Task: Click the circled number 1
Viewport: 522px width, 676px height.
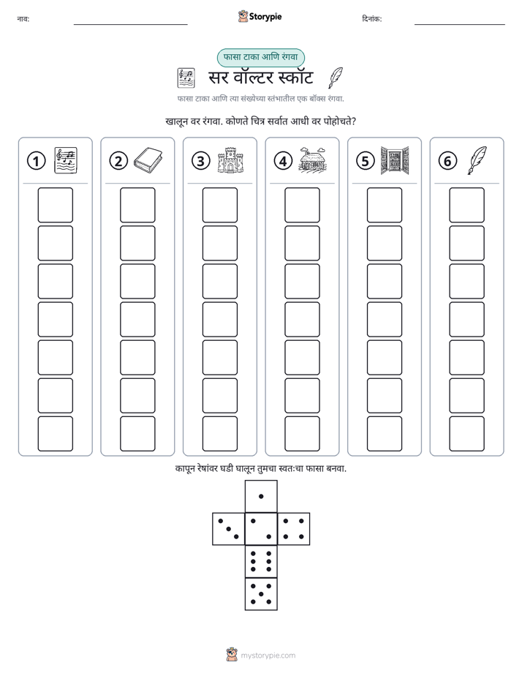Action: [36, 161]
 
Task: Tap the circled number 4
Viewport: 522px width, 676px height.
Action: [283, 161]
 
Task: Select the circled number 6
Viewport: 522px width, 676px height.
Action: [447, 161]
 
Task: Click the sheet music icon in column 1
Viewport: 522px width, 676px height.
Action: [66, 160]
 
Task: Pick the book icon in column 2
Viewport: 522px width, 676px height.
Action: [148, 160]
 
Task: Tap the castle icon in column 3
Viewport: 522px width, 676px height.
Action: [230, 160]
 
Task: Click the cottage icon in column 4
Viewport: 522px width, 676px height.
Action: [313, 160]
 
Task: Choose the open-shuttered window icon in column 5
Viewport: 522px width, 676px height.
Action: [395, 160]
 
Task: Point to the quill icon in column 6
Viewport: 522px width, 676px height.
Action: [477, 160]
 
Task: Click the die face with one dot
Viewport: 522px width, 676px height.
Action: [261, 496]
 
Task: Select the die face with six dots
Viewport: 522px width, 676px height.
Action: [261, 561]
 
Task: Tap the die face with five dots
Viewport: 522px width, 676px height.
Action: [261, 594]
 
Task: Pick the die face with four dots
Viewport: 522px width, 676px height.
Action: [294, 529]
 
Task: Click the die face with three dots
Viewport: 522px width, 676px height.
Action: [228, 529]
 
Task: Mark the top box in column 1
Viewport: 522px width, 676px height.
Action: [55, 205]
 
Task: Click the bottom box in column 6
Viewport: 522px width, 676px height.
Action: [467, 434]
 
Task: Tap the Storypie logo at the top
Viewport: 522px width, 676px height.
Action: [260, 17]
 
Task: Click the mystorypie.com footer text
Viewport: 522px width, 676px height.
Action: [268, 656]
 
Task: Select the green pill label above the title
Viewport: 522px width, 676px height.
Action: [260, 57]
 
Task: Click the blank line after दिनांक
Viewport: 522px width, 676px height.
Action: [460, 25]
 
